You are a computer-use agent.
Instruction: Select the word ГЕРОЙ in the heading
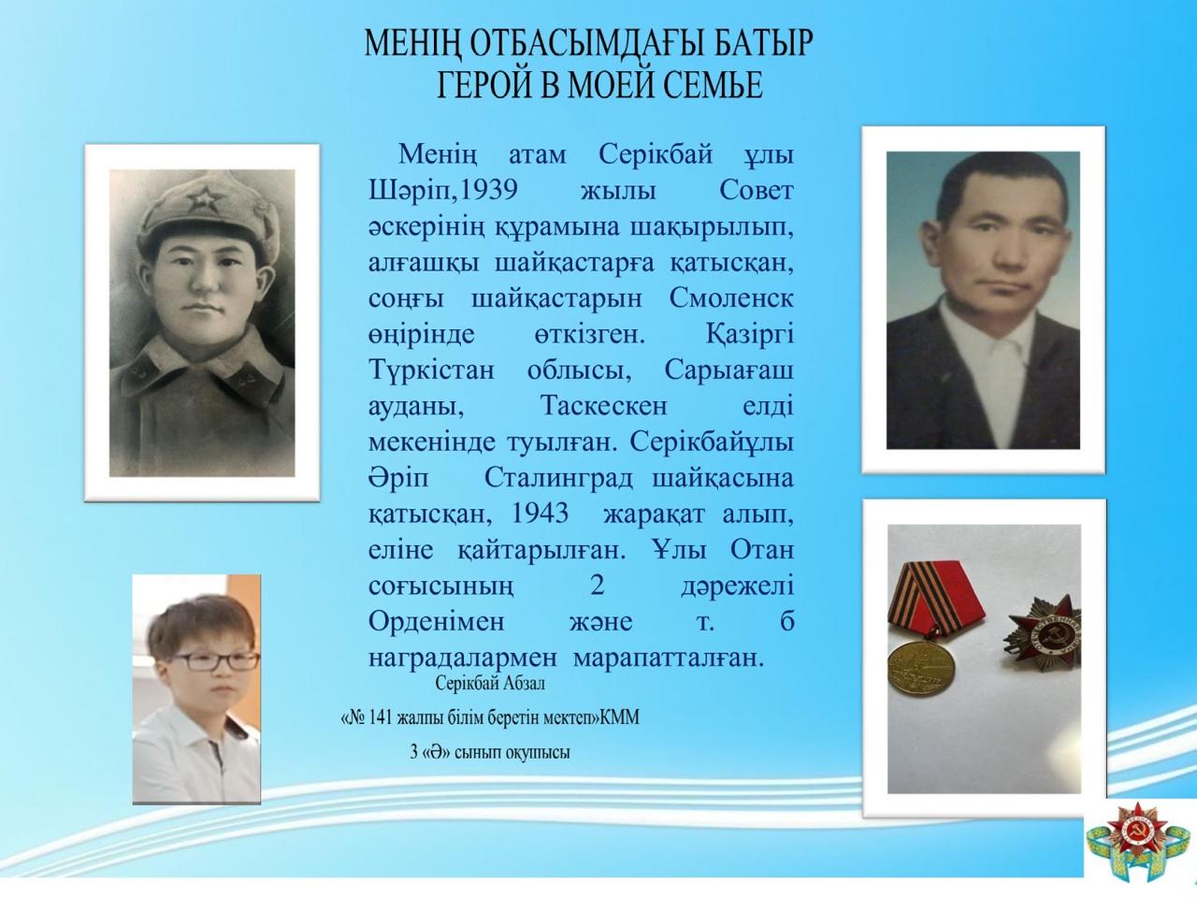[483, 85]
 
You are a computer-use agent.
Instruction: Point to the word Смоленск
[731, 298]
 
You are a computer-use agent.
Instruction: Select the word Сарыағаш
[728, 369]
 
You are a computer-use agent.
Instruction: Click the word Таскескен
[604, 406]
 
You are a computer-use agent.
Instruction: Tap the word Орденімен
[436, 622]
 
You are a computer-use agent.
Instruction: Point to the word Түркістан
[431, 369]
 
